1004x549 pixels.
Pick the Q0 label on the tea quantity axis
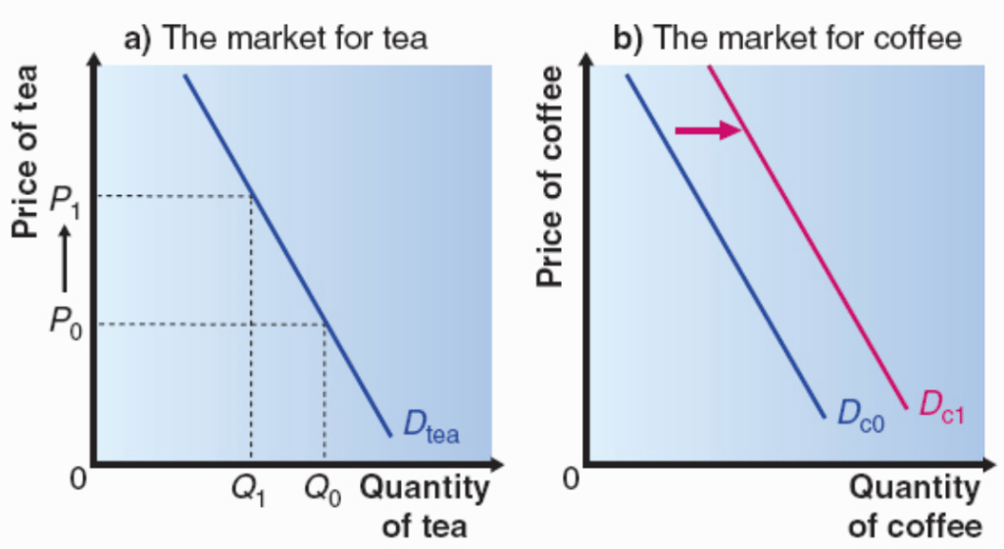(x=324, y=491)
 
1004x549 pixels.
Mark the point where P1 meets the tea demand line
(x=252, y=196)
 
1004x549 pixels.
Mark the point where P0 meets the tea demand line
(x=325, y=323)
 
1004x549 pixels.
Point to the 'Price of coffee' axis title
(x=552, y=176)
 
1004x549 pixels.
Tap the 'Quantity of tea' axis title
(x=425, y=506)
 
